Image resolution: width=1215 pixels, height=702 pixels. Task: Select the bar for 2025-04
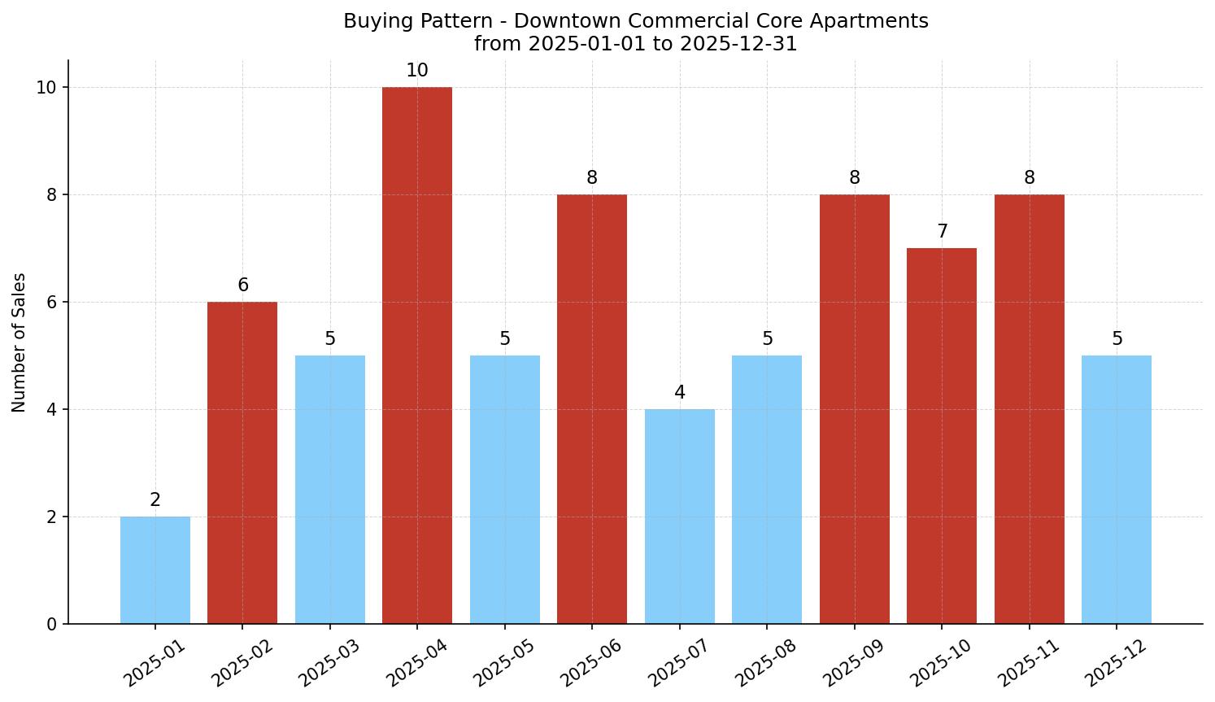[417, 355]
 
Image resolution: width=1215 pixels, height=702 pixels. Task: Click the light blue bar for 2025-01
[155, 570]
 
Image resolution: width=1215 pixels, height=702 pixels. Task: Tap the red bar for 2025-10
[942, 436]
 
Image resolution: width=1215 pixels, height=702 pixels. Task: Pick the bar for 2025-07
[680, 517]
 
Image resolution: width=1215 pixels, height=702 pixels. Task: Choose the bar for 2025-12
[1117, 490]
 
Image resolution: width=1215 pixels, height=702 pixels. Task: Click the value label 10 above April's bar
[417, 71]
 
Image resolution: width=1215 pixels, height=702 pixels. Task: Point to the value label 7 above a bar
[942, 232]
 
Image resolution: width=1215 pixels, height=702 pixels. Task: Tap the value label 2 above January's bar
[155, 500]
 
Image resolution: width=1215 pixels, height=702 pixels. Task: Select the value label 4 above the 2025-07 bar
[680, 393]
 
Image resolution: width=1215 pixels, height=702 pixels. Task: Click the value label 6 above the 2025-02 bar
[242, 286]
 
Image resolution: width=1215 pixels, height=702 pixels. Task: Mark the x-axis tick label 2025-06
[591, 663]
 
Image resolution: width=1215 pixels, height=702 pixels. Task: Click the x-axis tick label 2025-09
[854, 663]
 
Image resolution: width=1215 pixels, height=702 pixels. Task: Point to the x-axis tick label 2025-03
[329, 663]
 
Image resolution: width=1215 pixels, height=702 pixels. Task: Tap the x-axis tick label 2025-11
[1029, 663]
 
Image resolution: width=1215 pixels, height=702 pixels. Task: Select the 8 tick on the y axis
[51, 195]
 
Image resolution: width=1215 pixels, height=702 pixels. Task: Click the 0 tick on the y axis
[51, 625]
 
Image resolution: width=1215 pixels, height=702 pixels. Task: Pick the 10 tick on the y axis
[47, 88]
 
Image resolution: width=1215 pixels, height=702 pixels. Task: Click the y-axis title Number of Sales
[20, 342]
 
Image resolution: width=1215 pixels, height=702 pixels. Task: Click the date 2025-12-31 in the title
[738, 44]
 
